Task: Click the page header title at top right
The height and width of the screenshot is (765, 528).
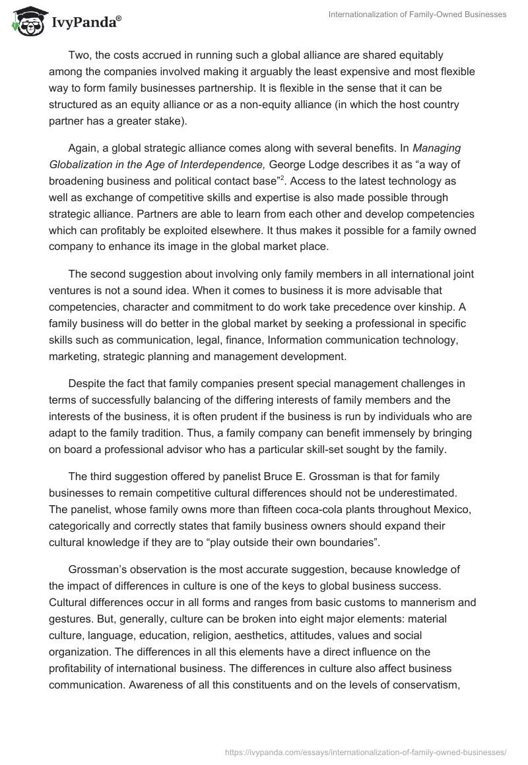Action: [417, 15]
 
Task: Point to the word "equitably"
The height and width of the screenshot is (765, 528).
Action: [418, 55]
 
